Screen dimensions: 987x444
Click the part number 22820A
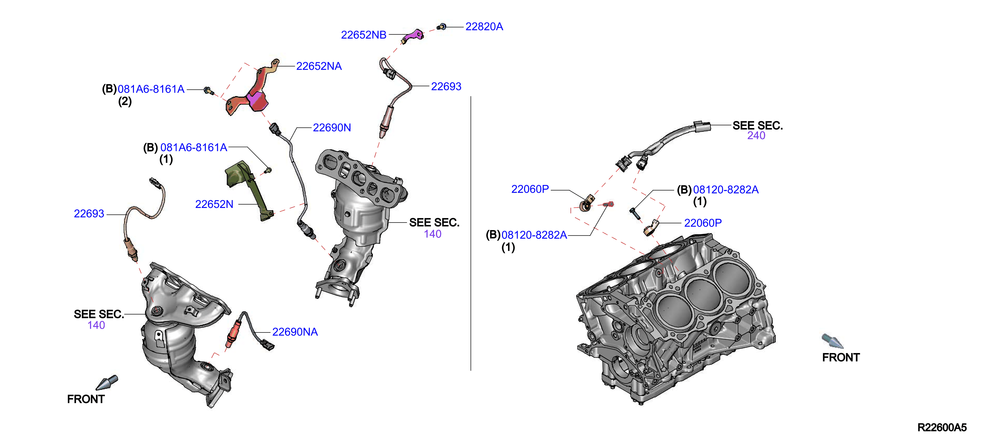(x=484, y=26)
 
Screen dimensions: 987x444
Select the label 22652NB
(x=364, y=35)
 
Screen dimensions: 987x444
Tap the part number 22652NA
(x=319, y=66)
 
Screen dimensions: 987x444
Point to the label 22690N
(x=332, y=128)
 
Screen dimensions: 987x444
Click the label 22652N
(x=214, y=204)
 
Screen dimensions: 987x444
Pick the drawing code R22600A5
(x=942, y=428)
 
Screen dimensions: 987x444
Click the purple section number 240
(x=756, y=136)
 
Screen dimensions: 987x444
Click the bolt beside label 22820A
(x=441, y=27)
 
